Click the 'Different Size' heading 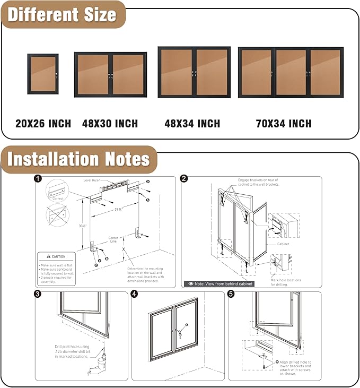(x=62, y=14)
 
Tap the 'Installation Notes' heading (x=78, y=159)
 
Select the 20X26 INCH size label (x=43, y=124)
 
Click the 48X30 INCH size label (x=110, y=124)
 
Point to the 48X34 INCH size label (x=192, y=124)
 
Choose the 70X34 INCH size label (x=284, y=124)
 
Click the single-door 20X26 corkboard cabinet (x=43, y=74)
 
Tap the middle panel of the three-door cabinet (x=291, y=73)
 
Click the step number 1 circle (x=38, y=179)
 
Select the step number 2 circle (x=184, y=179)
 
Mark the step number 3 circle (x=38, y=294)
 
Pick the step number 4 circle (x=134, y=294)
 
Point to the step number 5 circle (x=231, y=294)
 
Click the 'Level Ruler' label (x=92, y=180)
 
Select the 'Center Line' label (x=113, y=239)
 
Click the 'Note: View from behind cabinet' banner (x=218, y=283)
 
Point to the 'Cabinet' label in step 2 (x=284, y=244)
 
